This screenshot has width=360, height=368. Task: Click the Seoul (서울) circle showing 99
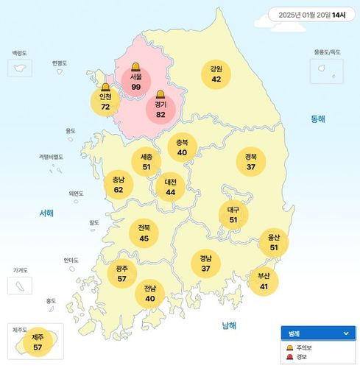tap(136, 82)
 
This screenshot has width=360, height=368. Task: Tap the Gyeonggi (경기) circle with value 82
tap(160, 110)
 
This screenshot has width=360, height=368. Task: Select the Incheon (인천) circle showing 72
tap(105, 102)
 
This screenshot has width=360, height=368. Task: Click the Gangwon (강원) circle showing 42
tap(216, 74)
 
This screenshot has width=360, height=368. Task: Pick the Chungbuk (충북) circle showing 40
tap(182, 147)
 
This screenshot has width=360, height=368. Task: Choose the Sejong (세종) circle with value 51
tap(147, 162)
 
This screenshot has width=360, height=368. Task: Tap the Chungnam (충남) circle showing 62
tap(118, 184)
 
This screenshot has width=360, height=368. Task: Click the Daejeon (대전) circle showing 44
tap(170, 187)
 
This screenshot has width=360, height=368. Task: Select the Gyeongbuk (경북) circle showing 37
tap(251, 161)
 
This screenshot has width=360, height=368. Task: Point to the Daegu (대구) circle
tap(233, 214)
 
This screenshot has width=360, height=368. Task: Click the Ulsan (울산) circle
tap(274, 242)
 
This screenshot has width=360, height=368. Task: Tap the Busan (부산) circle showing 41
tap(264, 281)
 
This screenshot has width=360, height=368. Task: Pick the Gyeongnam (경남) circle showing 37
tap(205, 263)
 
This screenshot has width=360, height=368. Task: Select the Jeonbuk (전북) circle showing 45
tap(144, 233)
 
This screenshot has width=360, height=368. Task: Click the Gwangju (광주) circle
tap(121, 274)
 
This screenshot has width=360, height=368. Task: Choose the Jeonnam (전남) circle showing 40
tap(150, 293)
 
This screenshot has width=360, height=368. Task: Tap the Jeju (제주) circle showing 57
tap(38, 342)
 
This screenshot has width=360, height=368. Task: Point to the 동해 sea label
tap(317, 118)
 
